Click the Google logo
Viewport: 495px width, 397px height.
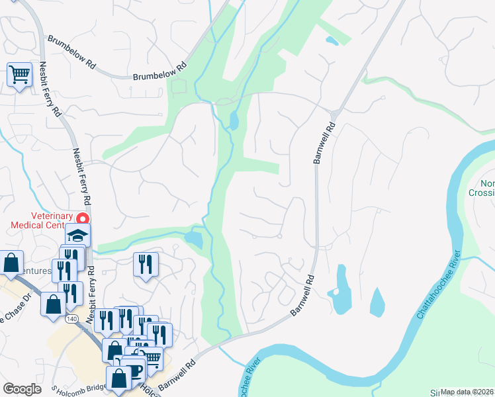click(x=22, y=389)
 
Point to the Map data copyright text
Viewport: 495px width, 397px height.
click(x=467, y=392)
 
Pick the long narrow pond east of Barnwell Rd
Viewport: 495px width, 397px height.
click(x=341, y=289)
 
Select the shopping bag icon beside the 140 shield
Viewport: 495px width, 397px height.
click(x=54, y=304)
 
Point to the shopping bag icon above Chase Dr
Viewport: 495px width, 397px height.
click(x=12, y=263)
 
